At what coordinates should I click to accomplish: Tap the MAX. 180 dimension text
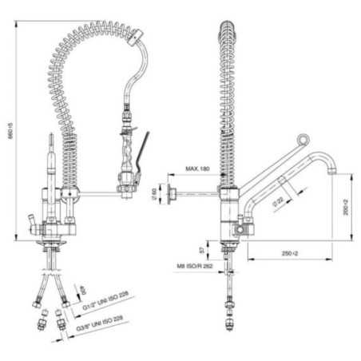[x=196, y=170]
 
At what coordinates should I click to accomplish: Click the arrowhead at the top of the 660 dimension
[x=17, y=22]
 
